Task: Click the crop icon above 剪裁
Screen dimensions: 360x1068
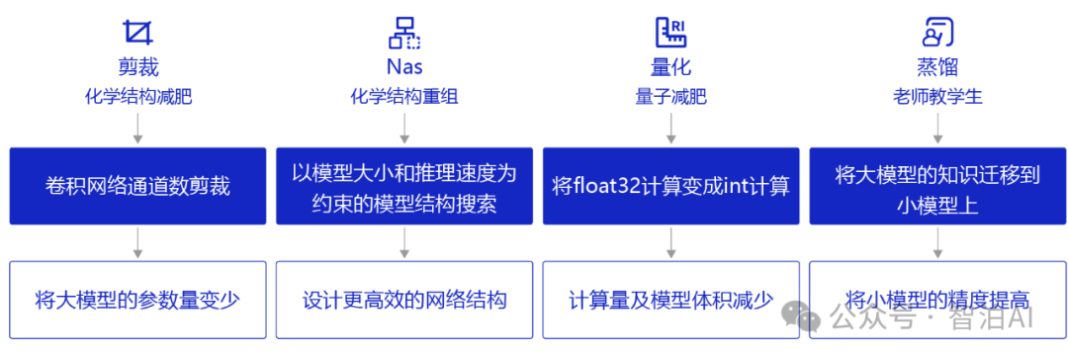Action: click(138, 34)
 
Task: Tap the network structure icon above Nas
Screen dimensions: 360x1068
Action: click(404, 34)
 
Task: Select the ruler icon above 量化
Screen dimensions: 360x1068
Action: click(671, 34)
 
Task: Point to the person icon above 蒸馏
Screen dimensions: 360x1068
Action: click(937, 34)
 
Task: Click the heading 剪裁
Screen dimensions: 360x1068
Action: click(138, 67)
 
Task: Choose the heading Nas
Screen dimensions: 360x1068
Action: click(404, 67)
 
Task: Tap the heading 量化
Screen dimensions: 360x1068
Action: click(671, 67)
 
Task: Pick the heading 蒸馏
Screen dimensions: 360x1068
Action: click(937, 67)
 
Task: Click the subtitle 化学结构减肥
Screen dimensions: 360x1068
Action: click(138, 97)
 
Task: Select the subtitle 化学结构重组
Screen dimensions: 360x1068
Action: click(404, 97)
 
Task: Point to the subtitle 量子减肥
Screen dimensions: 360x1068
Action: click(671, 97)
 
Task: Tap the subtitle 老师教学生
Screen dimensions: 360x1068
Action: click(937, 97)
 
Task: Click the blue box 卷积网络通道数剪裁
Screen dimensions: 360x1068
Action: click(137, 186)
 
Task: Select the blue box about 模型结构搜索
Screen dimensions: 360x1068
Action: click(404, 186)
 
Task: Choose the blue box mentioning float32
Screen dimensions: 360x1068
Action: click(671, 186)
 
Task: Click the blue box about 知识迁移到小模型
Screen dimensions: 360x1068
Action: click(937, 186)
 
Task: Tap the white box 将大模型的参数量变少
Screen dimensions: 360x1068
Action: click(137, 299)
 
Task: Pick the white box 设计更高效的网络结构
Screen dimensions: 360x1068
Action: click(404, 299)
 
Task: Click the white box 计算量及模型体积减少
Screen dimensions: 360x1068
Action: click(671, 299)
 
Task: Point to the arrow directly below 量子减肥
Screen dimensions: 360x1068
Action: click(671, 129)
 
